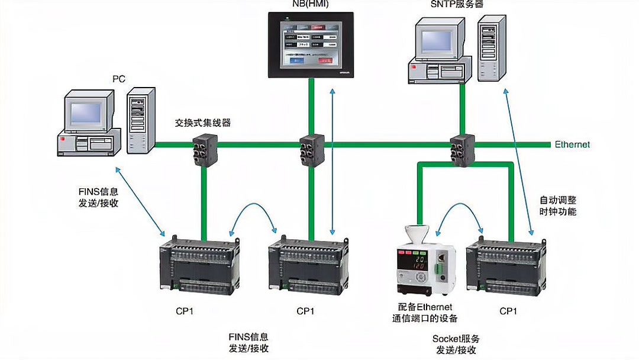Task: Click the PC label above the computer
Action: pos(119,78)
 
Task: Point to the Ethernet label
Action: pos(572,144)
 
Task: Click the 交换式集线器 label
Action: pos(202,123)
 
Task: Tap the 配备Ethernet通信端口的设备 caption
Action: pos(425,313)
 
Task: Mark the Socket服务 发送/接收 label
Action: pos(456,345)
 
